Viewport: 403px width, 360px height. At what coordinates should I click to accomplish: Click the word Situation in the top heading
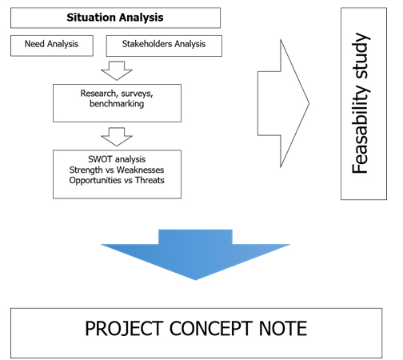[x=91, y=18]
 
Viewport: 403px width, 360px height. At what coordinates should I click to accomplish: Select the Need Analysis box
[x=52, y=46]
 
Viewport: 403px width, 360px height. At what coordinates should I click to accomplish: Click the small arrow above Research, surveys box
[x=117, y=70]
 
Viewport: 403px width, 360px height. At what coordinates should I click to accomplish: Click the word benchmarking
[x=117, y=104]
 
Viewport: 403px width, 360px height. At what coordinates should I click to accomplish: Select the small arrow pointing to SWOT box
[x=117, y=137]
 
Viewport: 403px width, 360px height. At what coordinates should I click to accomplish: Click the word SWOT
[x=100, y=159]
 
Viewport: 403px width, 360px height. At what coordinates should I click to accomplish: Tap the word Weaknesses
[x=141, y=170]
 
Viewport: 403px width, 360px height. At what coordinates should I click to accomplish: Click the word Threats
[x=150, y=180]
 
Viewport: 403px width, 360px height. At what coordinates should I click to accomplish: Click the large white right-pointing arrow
[x=283, y=103]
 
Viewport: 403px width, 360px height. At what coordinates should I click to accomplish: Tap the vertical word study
[x=361, y=55]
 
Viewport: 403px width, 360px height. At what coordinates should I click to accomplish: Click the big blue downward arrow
[x=195, y=254]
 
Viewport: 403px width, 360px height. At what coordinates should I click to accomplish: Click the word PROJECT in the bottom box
[x=124, y=329]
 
